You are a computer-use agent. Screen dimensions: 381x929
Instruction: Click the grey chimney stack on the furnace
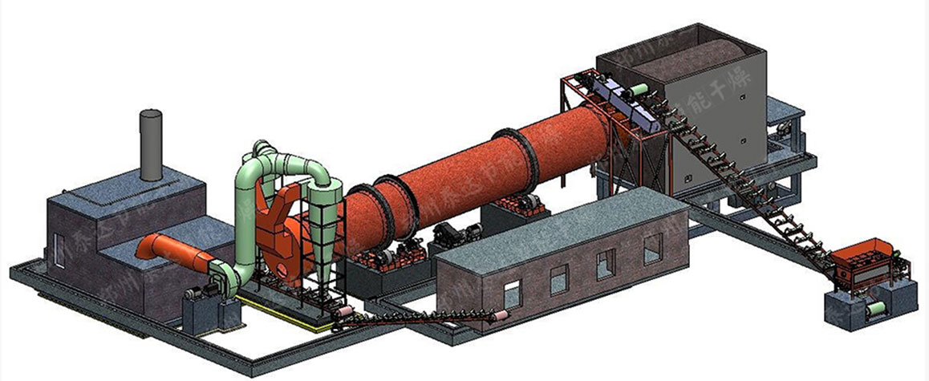coord(151,144)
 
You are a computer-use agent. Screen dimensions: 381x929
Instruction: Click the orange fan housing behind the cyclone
coord(277,241)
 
